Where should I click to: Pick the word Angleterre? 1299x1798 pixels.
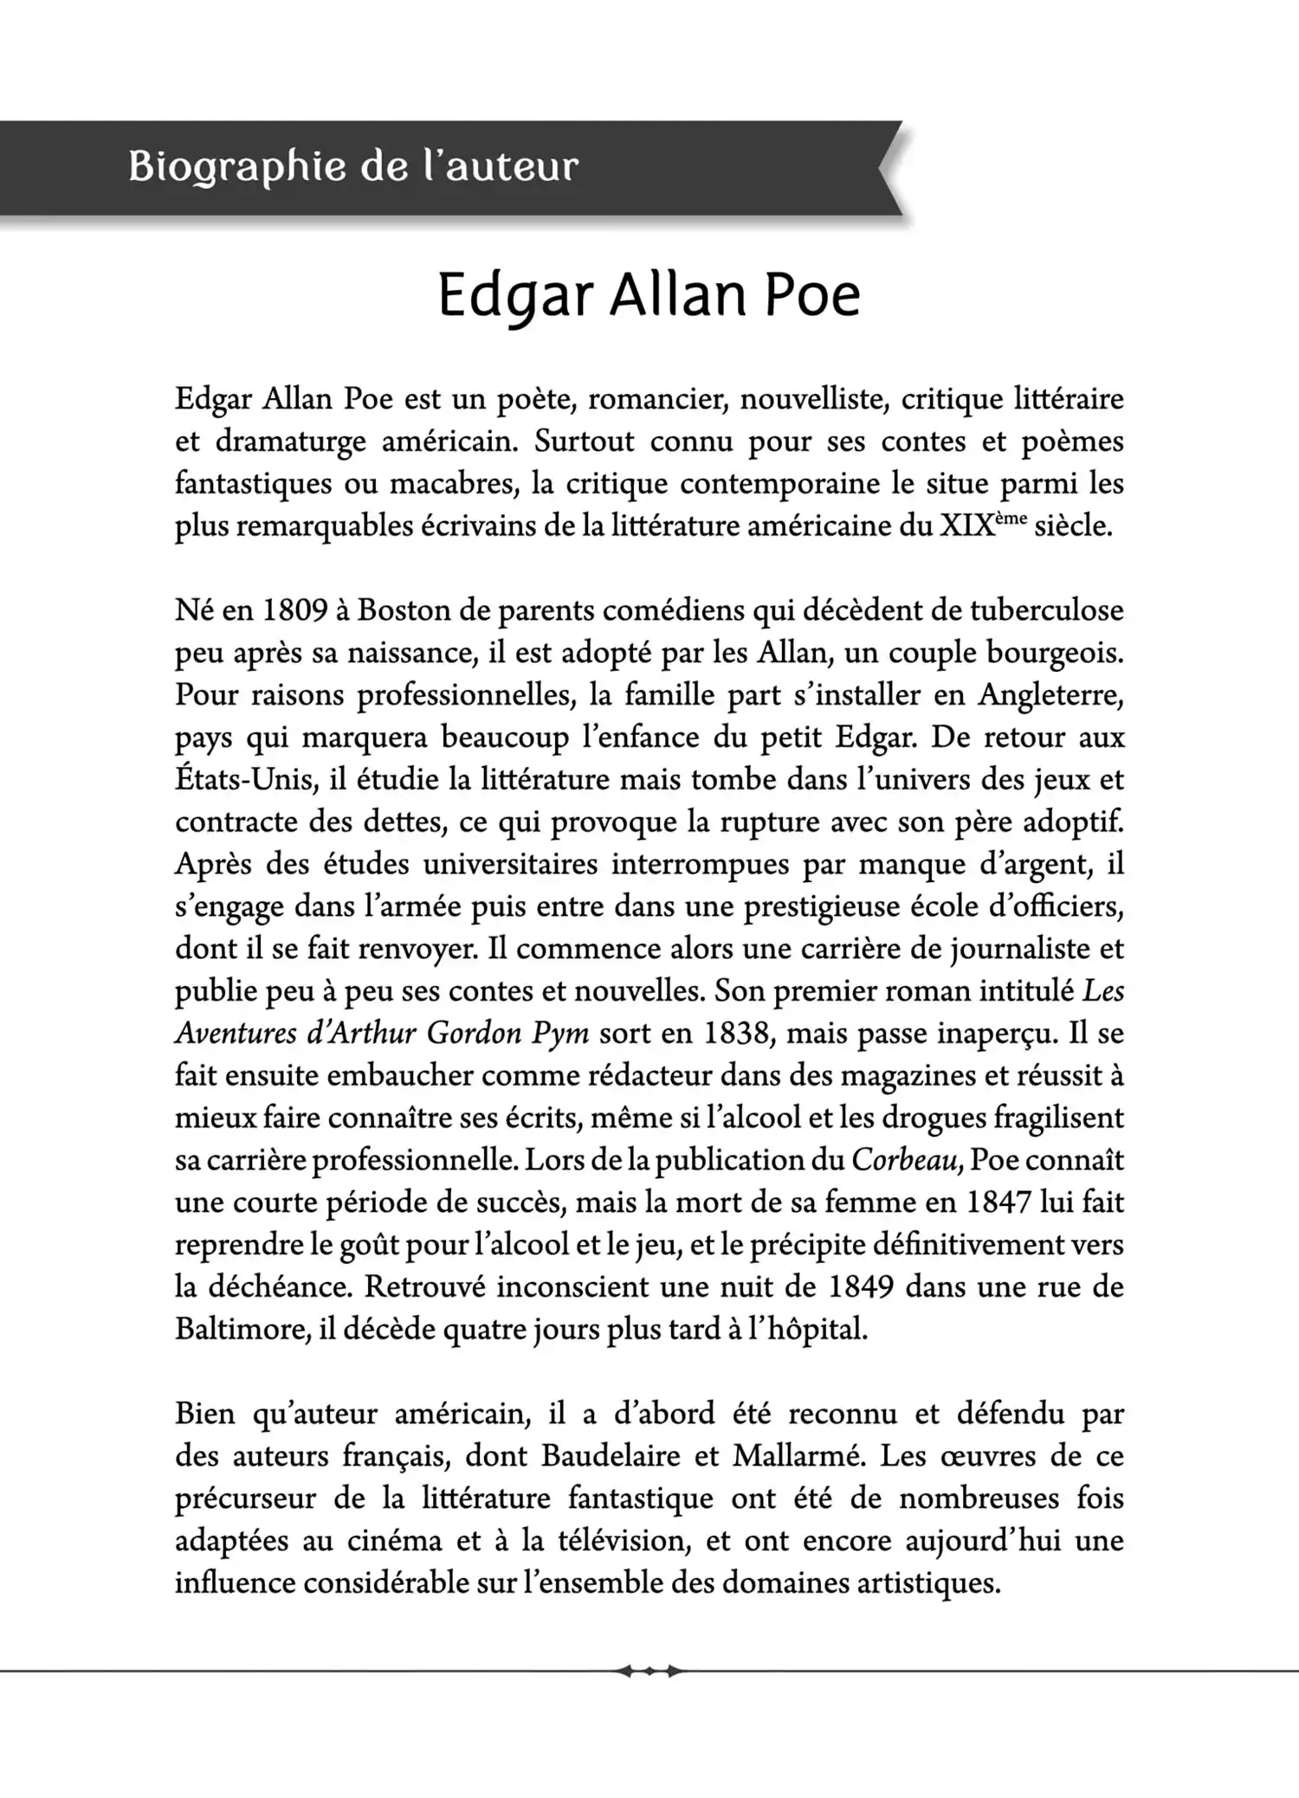click(1050, 695)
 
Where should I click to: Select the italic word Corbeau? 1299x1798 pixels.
click(906, 1160)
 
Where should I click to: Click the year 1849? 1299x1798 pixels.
click(861, 1286)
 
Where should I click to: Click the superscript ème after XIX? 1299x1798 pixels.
click(1011, 518)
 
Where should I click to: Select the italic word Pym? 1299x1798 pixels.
click(560, 1033)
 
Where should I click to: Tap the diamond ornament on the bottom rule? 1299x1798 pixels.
click(649, 1672)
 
